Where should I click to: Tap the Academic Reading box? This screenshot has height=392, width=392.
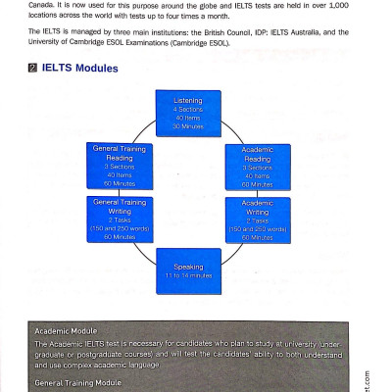[x=257, y=168]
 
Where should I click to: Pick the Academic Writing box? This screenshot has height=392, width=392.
[x=257, y=219]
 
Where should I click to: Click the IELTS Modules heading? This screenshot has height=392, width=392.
[x=81, y=69]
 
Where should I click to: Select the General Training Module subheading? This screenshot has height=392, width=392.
[x=77, y=383]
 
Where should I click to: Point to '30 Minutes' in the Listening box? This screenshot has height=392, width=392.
[x=188, y=126]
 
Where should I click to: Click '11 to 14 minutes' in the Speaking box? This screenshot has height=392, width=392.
[x=188, y=275]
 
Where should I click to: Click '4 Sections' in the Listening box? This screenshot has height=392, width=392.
[x=188, y=109]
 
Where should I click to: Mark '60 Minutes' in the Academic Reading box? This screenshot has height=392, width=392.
[x=257, y=184]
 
